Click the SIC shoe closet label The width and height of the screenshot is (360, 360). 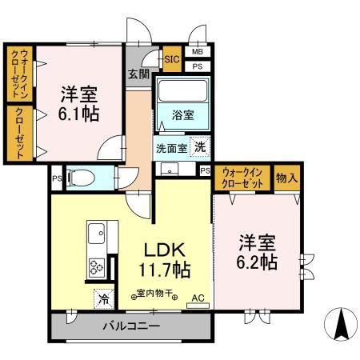click(x=172, y=59)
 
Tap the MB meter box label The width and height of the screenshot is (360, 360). click(x=198, y=52)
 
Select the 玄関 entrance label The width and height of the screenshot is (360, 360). click(x=138, y=74)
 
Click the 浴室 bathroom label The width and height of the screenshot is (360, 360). click(x=182, y=115)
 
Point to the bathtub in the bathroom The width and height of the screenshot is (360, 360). click(x=182, y=90)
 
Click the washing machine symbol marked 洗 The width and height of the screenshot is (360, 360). click(x=200, y=146)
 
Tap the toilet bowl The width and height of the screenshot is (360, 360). click(x=81, y=178)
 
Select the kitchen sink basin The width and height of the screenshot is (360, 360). click(x=96, y=233)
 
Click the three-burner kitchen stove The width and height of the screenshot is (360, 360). click(x=96, y=267)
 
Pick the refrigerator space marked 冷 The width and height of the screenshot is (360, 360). click(x=104, y=299)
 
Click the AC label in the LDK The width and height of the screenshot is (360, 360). click(x=198, y=298)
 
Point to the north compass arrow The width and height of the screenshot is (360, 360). click(x=341, y=324)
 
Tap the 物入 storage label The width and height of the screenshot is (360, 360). click(x=286, y=178)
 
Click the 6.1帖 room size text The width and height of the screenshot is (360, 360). click(x=79, y=114)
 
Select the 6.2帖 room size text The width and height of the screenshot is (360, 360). click(x=257, y=262)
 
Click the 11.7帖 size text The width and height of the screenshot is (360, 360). click(x=165, y=270)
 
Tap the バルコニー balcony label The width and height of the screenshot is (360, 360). click(x=131, y=326)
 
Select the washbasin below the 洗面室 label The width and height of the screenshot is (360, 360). click(x=169, y=169)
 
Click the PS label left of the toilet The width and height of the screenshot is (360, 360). click(x=57, y=178)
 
